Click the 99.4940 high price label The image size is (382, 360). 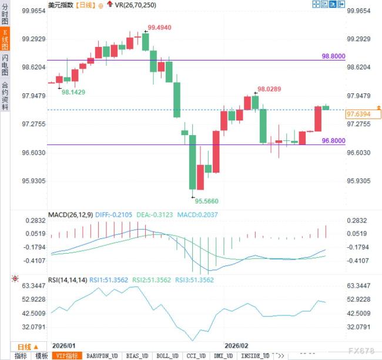coord(160,28)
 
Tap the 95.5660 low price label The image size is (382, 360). coord(207,200)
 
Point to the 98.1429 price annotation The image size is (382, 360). coord(73,92)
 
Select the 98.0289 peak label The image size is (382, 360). coord(269,89)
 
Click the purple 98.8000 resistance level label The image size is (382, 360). coord(333,56)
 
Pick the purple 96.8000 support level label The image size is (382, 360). coord(333,141)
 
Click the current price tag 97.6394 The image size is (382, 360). coord(358,113)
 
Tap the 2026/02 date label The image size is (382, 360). coord(237,346)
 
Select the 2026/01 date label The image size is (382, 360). coord(64,346)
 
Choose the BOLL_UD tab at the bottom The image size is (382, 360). coord(166,356)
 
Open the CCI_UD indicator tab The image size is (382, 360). coord(195,356)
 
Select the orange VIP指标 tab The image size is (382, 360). coord(67,356)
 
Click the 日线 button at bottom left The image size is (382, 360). coord(28,346)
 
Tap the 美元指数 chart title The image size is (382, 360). coord(61,5)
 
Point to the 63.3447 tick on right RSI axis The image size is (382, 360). coord(358,285)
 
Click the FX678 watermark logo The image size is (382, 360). coord(359,351)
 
